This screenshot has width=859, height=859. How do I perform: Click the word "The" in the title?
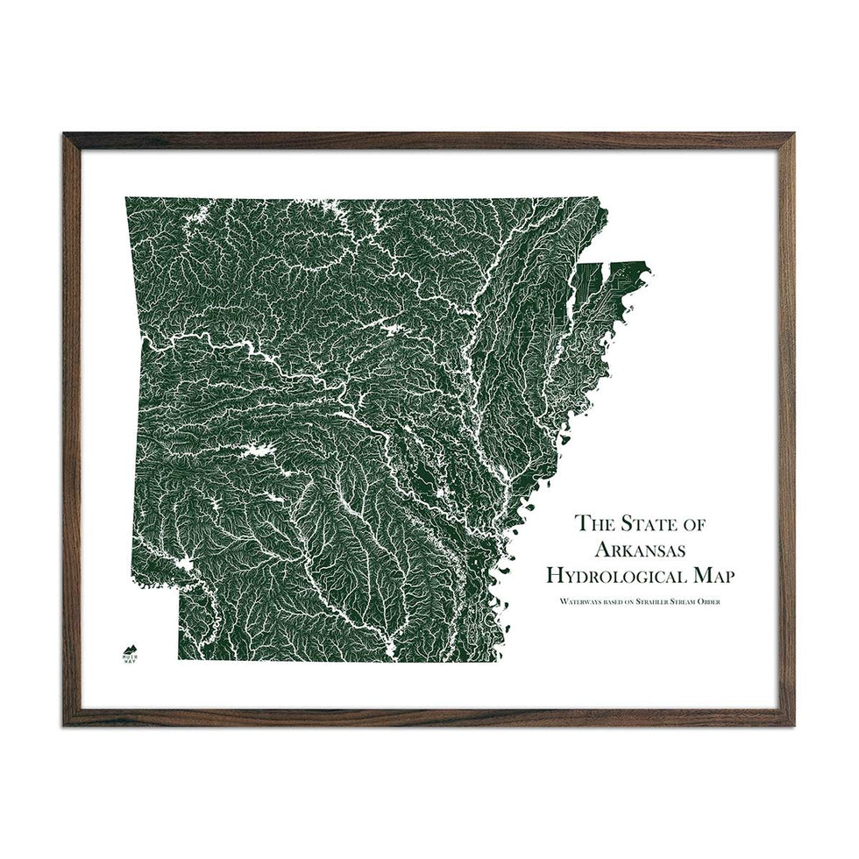[591, 524]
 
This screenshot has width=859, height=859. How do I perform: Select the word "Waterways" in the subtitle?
[570, 601]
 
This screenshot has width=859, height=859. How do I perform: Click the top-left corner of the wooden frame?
[66, 135]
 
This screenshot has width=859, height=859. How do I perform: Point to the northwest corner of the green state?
[126, 199]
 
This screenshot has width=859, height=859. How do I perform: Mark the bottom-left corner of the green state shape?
[179, 659]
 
